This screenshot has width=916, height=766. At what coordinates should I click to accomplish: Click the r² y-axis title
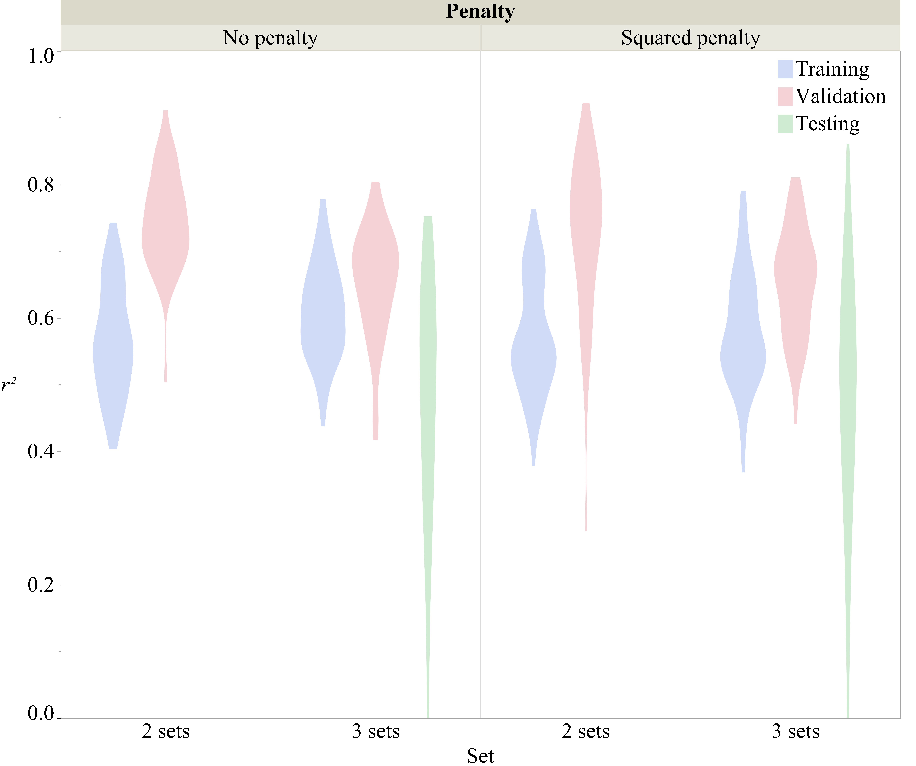pyautogui.click(x=9, y=385)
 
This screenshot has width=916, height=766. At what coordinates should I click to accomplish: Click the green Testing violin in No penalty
pyautogui.click(x=428, y=349)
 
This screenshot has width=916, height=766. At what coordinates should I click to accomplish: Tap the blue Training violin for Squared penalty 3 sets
pyautogui.click(x=743, y=349)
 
